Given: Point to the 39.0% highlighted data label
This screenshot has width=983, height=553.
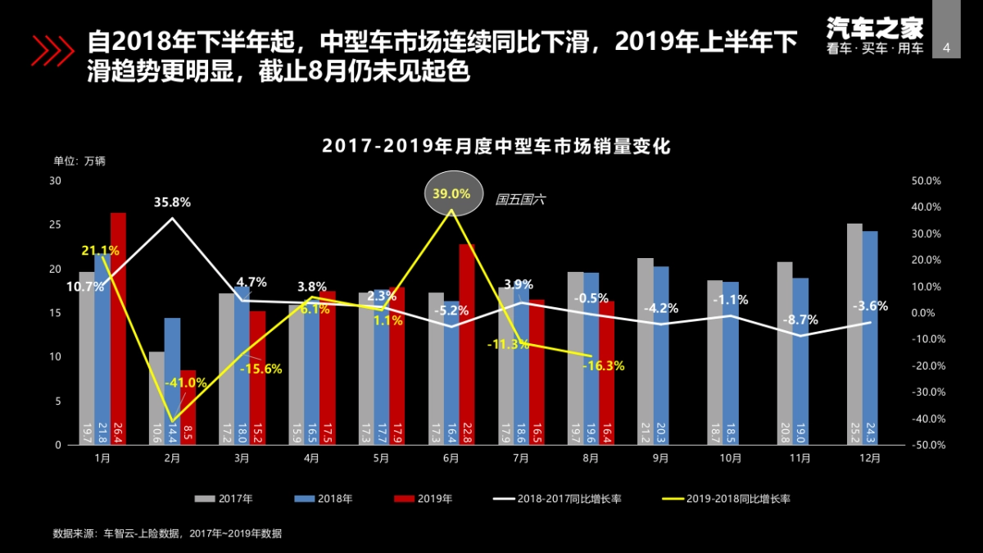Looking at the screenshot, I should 451,194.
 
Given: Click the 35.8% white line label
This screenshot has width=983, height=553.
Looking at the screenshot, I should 172,202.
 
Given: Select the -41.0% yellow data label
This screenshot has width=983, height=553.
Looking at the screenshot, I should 185,383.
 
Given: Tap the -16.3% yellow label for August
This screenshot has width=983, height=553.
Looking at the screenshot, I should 604,366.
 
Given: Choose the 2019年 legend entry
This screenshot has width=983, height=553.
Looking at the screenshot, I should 430,498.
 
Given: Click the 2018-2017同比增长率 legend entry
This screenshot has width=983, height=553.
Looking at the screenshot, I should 557,498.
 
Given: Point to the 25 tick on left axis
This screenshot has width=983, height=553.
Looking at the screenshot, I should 56,224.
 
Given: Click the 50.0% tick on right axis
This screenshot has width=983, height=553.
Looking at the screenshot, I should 926,180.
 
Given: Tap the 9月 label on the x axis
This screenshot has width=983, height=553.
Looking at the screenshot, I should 661,459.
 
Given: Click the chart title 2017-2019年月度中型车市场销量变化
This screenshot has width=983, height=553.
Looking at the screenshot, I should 496,147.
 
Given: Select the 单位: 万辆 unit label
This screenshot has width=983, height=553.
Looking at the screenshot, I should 79,161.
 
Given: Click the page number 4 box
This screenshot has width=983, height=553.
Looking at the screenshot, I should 947,48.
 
